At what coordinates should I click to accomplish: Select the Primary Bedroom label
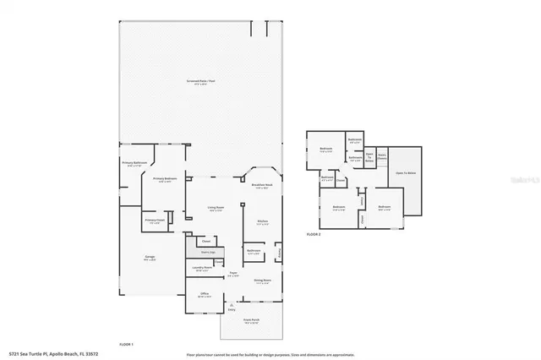[x=164, y=179]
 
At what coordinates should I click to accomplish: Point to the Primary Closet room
[x=154, y=221]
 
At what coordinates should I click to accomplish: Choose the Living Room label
[x=216, y=208]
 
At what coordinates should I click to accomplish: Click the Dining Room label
[x=262, y=281]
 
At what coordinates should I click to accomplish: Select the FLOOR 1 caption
[x=126, y=343]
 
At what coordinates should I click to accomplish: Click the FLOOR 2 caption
[x=314, y=232]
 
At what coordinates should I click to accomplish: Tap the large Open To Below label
[x=405, y=172]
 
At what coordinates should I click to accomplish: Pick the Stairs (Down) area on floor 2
[x=381, y=155]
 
